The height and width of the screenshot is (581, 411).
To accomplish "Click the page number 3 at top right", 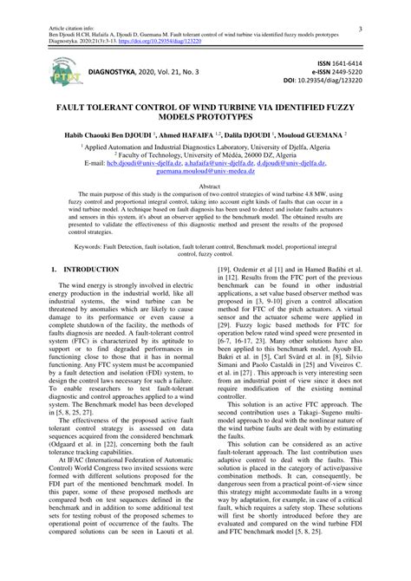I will point(360,29).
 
